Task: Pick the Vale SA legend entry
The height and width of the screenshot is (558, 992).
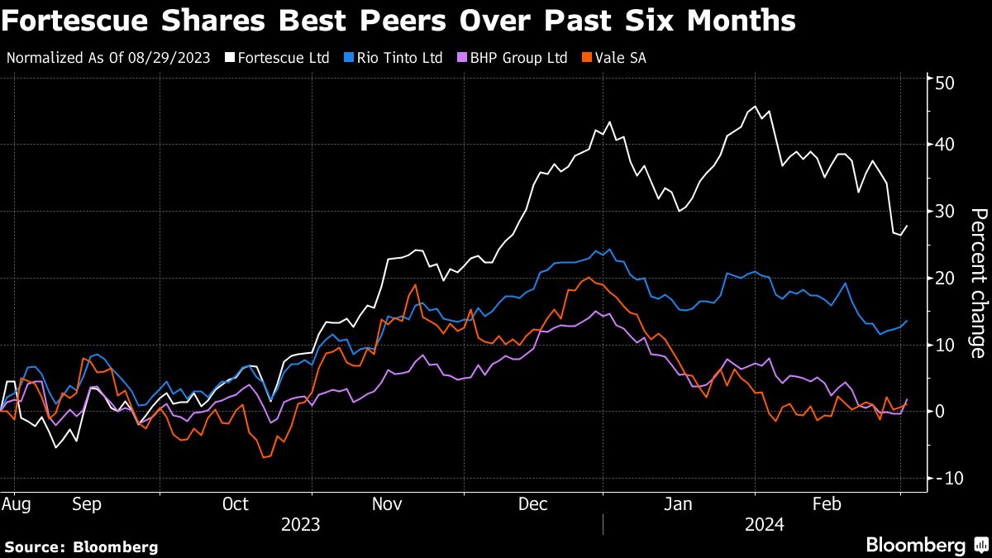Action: click(616, 58)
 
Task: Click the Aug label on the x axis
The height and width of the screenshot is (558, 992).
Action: click(12, 503)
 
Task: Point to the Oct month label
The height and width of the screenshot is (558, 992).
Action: click(236, 503)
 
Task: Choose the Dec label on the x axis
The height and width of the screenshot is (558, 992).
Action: click(533, 503)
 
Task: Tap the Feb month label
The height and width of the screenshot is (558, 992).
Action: click(827, 503)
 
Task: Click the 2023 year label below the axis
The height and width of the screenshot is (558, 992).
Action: click(302, 524)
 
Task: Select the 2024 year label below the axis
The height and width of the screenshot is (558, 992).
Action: click(765, 524)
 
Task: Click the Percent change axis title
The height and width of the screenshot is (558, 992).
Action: click(977, 283)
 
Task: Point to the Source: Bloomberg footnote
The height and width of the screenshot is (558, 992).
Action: click(81, 546)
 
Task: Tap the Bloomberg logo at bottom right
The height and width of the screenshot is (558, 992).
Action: click(926, 545)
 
